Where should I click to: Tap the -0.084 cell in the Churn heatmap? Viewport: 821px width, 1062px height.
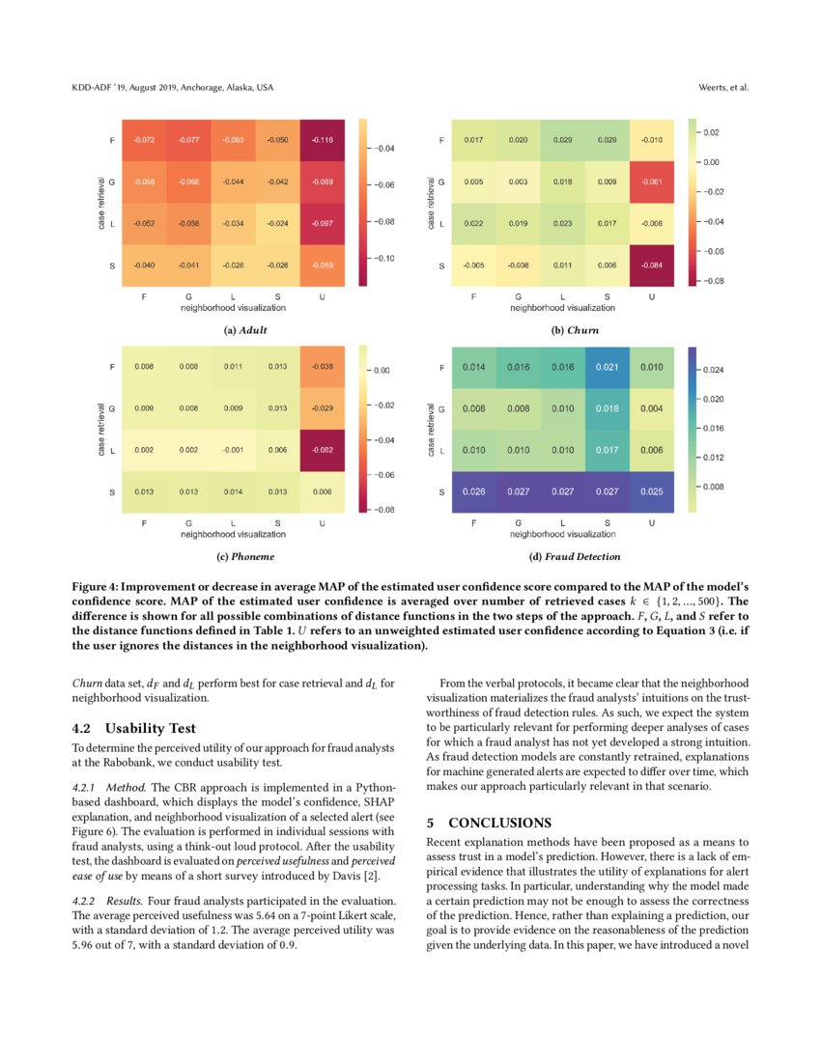652,265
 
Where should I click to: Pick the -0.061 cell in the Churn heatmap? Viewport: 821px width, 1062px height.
652,182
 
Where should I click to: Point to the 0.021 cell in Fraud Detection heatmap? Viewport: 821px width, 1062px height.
608,367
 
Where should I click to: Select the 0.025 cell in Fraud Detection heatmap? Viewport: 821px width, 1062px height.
652,492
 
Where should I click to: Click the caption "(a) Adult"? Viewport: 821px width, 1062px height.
245,329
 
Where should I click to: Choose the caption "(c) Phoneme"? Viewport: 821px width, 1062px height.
245,556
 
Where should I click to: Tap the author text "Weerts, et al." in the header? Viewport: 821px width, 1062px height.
723,88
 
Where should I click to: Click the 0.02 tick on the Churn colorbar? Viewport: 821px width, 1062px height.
711,132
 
